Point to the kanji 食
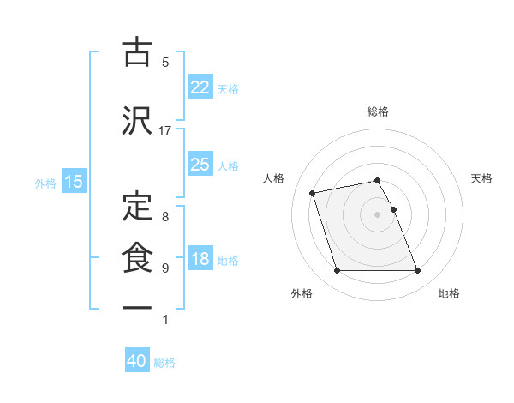pyautogui.click(x=137, y=257)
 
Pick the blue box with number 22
pyautogui.click(x=200, y=87)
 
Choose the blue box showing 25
pyautogui.click(x=200, y=165)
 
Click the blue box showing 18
pyautogui.click(x=200, y=259)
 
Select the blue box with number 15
pyautogui.click(x=73, y=181)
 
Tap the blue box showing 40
pyautogui.click(x=137, y=361)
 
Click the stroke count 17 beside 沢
pyautogui.click(x=165, y=130)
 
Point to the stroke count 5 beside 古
pyautogui.click(x=165, y=63)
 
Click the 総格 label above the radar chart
pyautogui.click(x=378, y=111)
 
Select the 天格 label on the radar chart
pyautogui.click(x=482, y=178)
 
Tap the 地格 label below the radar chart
pyautogui.click(x=449, y=293)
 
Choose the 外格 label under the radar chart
pyautogui.click(x=302, y=293)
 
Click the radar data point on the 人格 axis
pyautogui.click(x=313, y=192)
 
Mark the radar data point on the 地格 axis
pyautogui.click(x=417, y=271)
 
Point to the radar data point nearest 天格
pyautogui.click(x=393, y=209)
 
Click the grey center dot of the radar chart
pyautogui.click(x=378, y=214)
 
